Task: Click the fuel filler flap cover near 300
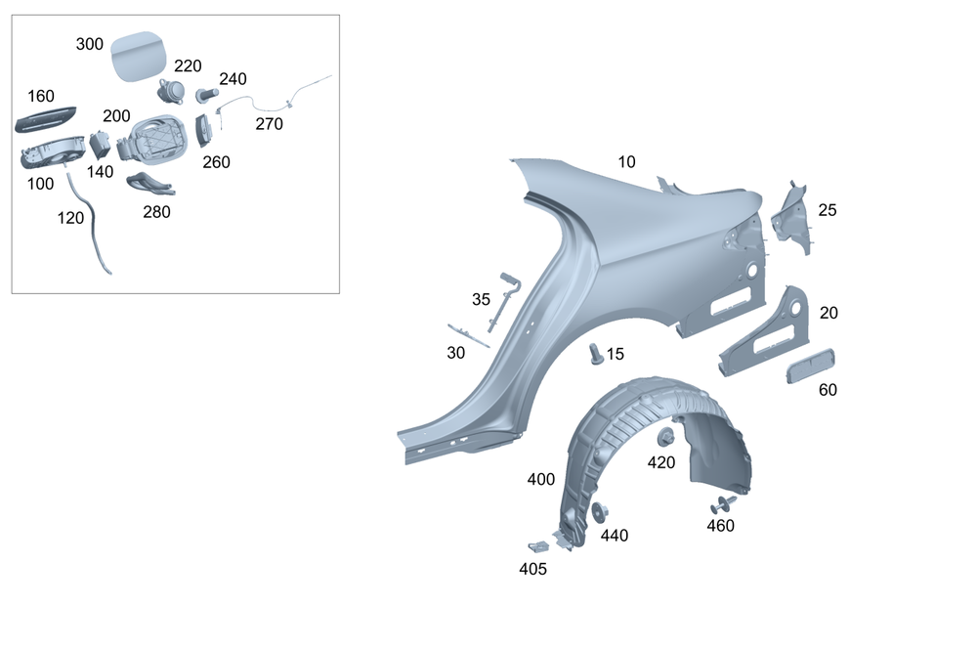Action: point(139,57)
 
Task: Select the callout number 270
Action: point(270,124)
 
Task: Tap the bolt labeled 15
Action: point(596,354)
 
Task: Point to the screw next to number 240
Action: point(207,96)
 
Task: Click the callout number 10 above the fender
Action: point(626,162)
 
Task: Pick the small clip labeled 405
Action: point(537,546)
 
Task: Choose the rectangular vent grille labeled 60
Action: point(810,366)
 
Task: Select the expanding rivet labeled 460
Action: point(724,504)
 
